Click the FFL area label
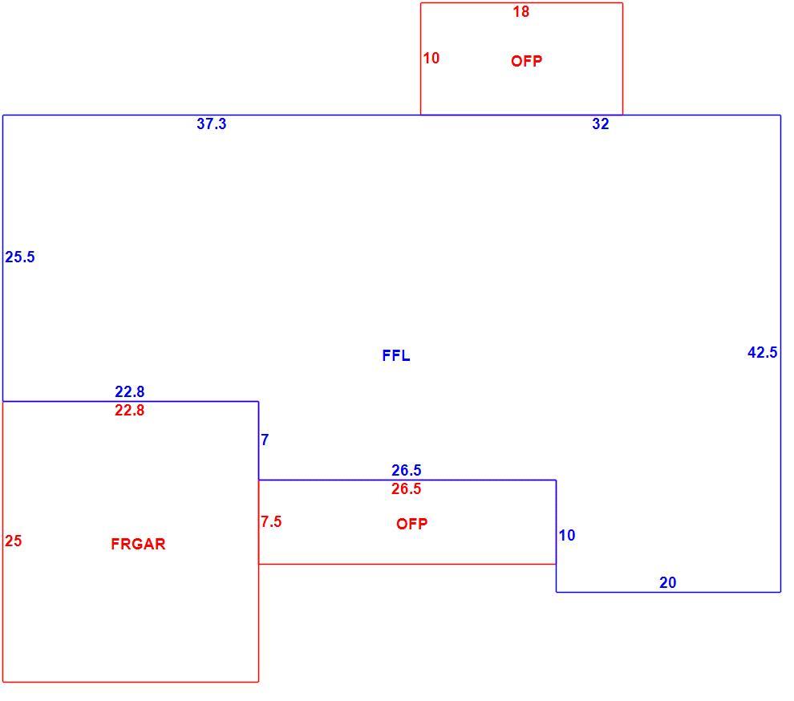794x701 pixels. pyautogui.click(x=396, y=355)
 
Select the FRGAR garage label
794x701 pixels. pyautogui.click(x=138, y=544)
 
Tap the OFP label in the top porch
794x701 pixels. pyautogui.click(x=527, y=61)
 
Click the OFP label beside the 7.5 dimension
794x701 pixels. pyautogui.click(x=411, y=524)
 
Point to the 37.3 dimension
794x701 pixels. pyautogui.click(x=212, y=124)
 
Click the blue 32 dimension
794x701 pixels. pyautogui.click(x=601, y=124)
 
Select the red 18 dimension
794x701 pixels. pyautogui.click(x=521, y=12)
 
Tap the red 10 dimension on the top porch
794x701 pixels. pyautogui.click(x=431, y=59)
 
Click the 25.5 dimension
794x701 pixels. pyautogui.click(x=20, y=257)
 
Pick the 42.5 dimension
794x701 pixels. pyautogui.click(x=763, y=353)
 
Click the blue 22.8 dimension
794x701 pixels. pyautogui.click(x=130, y=391)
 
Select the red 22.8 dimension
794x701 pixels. pyautogui.click(x=130, y=411)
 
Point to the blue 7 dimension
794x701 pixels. pyautogui.click(x=265, y=440)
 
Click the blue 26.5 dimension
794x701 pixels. pyautogui.click(x=406, y=471)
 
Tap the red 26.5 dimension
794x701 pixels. pyautogui.click(x=406, y=489)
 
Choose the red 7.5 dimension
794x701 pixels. pyautogui.click(x=271, y=521)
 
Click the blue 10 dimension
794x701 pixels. pyautogui.click(x=567, y=535)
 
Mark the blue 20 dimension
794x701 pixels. pyautogui.click(x=668, y=583)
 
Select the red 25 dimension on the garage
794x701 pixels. pyautogui.click(x=14, y=541)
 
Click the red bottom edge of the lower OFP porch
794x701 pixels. pyautogui.click(x=407, y=564)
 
